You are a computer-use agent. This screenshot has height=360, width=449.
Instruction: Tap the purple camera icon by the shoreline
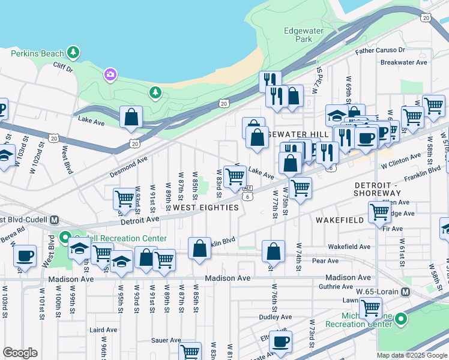110,74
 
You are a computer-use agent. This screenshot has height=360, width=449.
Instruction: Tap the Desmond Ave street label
128,167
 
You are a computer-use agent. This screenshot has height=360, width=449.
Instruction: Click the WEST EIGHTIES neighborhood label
206,208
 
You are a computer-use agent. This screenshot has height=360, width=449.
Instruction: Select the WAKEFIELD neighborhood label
340,220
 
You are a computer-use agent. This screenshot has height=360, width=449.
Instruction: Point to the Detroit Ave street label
139,220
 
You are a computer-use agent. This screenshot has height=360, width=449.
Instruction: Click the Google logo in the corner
20,353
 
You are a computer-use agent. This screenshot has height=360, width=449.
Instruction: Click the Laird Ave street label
103,330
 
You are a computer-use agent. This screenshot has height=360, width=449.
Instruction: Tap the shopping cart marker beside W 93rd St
124,197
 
